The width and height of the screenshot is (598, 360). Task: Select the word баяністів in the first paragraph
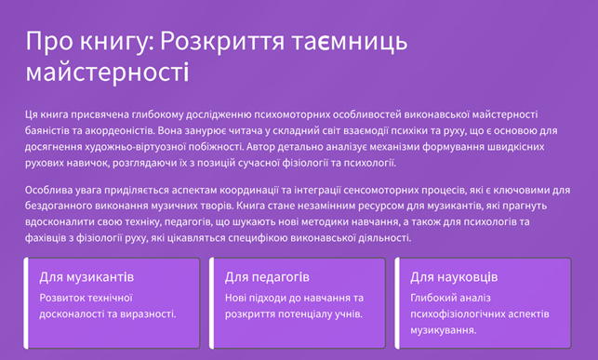(50, 131)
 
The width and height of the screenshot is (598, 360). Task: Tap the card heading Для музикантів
(86, 277)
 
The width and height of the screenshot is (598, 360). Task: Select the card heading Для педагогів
(267, 277)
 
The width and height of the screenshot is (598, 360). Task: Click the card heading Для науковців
(454, 277)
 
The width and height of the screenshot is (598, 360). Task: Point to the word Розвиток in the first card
(62, 297)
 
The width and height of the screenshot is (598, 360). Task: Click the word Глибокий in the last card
(434, 297)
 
